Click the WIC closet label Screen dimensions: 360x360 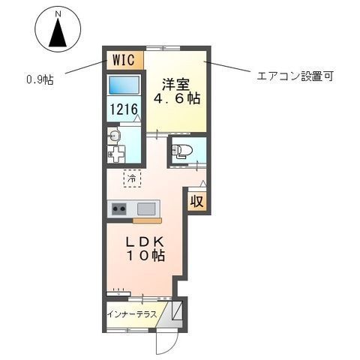[124, 58]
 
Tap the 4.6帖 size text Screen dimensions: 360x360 [177, 97]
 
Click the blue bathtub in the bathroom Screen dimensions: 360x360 [124, 85]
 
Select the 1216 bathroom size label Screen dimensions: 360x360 [124, 109]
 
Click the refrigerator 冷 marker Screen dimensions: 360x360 [131, 180]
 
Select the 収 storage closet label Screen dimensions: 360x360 [196, 201]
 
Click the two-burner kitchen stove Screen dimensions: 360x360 [120, 208]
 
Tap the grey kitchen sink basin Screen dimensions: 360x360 [145, 208]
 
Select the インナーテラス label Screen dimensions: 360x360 [131, 313]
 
